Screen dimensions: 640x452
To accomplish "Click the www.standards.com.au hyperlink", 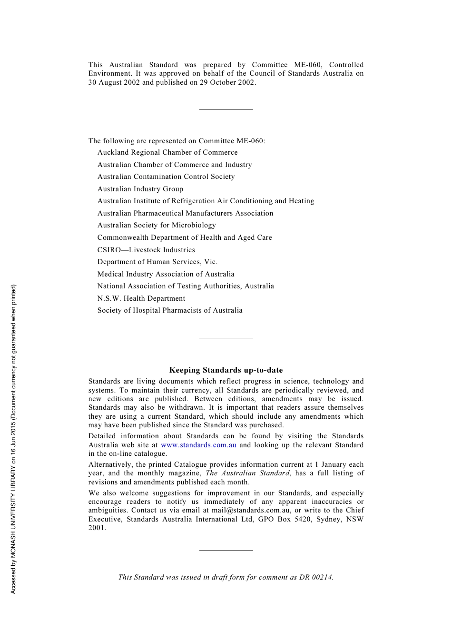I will point(198,445).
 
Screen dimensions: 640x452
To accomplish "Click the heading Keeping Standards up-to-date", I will point(226,370).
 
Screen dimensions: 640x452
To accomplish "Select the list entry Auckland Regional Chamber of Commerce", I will point(167,152).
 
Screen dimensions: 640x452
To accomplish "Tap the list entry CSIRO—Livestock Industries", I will point(146,250).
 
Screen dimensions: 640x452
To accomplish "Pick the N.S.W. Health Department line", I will point(141,298).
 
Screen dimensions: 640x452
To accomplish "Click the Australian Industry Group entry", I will point(140,189).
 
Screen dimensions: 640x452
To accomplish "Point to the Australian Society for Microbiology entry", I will point(157,225).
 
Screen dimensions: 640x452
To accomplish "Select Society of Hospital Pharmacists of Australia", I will point(170,310).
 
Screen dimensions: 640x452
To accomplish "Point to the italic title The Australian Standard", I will point(247,473).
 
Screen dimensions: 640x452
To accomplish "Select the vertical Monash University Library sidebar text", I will point(13,439).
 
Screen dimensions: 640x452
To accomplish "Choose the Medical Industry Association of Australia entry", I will point(166,274).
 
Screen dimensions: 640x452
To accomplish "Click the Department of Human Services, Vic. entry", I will point(157,262).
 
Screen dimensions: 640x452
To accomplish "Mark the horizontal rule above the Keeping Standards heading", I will point(226,338).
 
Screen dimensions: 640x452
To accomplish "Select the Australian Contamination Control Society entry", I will point(166,177).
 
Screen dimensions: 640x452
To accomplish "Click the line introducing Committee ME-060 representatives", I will point(177,141).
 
